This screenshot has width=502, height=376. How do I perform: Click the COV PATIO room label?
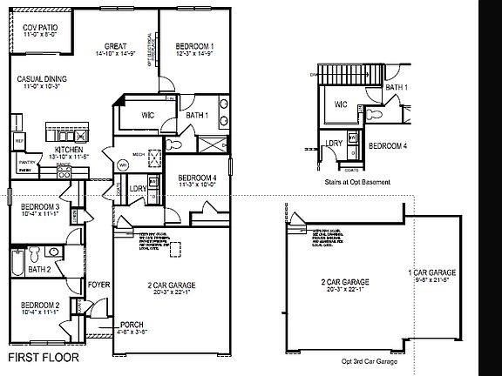(34, 29)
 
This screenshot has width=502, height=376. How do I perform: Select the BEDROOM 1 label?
(194, 46)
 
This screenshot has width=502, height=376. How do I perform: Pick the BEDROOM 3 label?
(40, 206)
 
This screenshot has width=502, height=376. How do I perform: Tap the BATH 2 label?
(40, 270)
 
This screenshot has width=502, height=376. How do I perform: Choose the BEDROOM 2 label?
(39, 305)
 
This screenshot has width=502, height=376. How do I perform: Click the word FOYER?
(98, 284)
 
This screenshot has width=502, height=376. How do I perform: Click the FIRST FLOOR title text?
(44, 357)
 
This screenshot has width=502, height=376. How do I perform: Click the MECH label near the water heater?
(139, 152)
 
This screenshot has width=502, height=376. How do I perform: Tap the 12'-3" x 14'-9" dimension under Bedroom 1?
(194, 55)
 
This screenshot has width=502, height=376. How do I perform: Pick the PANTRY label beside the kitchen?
(25, 161)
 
